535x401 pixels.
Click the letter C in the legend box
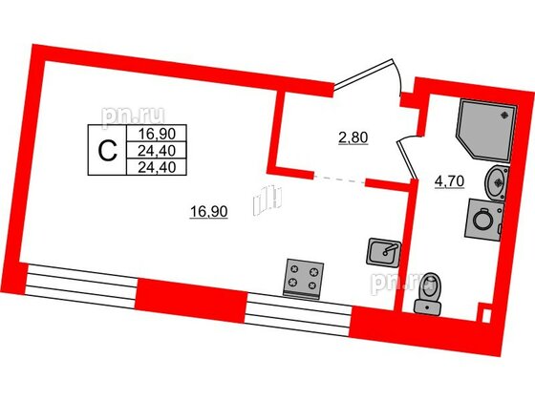(107, 151)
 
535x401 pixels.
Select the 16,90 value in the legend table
(157, 134)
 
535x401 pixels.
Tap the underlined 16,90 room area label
(208, 212)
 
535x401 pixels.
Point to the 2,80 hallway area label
(353, 138)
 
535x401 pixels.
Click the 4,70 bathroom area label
(450, 181)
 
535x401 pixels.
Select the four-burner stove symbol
(303, 279)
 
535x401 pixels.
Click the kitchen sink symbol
(384, 252)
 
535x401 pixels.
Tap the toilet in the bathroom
(428, 293)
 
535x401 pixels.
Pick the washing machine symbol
(483, 220)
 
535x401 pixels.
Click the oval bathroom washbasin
(497, 181)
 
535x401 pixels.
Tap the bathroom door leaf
(408, 159)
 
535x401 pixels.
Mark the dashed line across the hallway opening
(339, 179)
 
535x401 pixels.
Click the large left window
(81, 286)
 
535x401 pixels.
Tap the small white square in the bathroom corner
(486, 315)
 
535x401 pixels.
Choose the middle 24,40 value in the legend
(157, 151)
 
